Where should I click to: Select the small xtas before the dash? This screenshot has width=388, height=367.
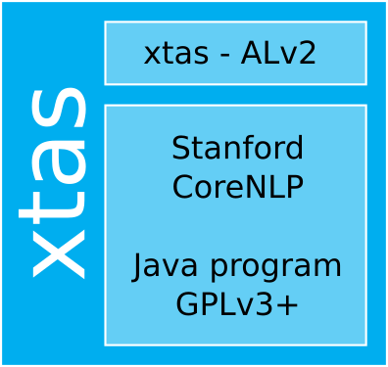175,54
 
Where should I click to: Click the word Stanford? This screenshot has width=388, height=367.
237,149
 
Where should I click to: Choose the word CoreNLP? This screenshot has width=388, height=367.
237,187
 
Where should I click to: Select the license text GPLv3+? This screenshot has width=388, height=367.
237,304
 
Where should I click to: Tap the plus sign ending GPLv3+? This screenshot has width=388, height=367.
287,305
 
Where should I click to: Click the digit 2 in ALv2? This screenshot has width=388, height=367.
307,54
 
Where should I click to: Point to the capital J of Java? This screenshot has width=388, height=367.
139,265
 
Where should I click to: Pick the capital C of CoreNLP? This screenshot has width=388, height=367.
183,187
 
